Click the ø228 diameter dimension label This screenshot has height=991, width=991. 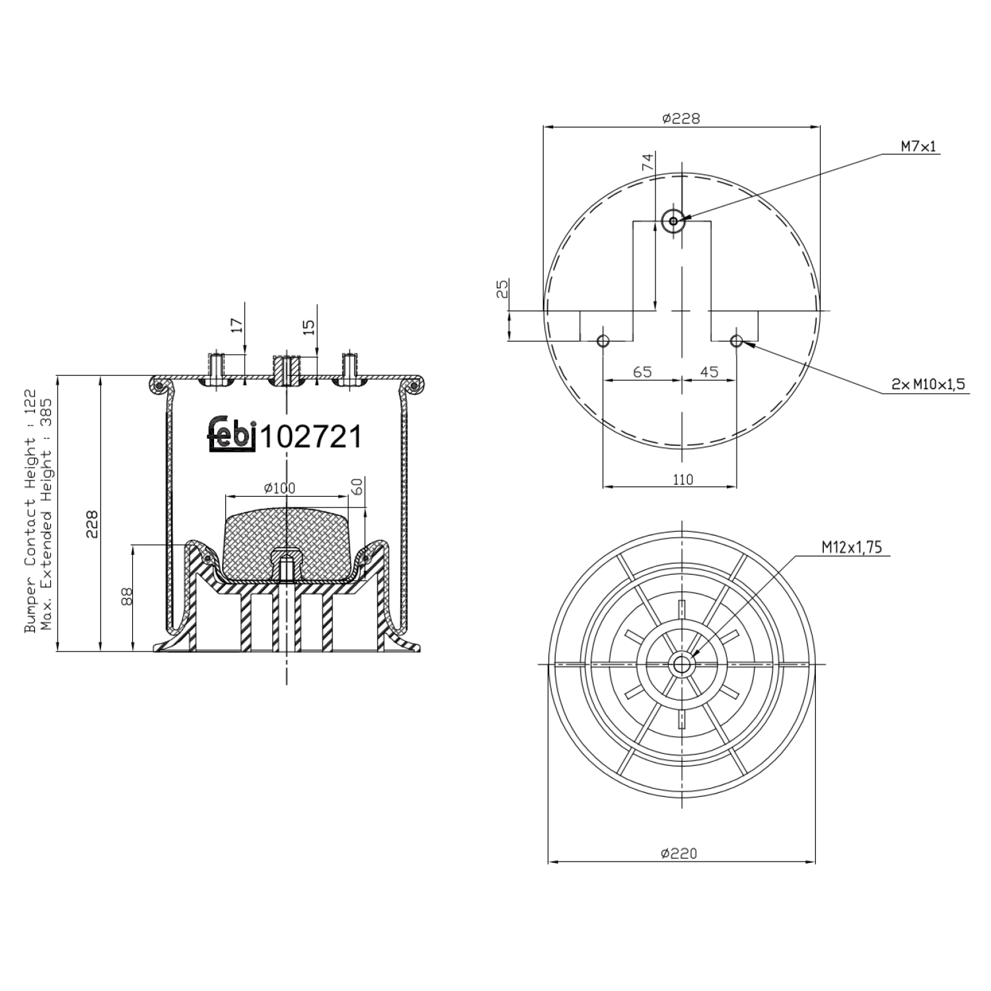[x=680, y=119]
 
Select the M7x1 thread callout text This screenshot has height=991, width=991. [x=919, y=147]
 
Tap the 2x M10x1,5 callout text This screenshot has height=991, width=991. [x=928, y=384]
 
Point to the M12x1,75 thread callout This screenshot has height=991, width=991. [x=852, y=547]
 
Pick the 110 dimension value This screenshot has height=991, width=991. [x=682, y=479]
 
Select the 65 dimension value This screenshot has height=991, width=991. [x=642, y=372]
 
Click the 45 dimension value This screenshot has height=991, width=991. [x=708, y=372]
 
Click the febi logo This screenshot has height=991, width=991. [x=232, y=435]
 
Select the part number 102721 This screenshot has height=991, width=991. [x=311, y=437]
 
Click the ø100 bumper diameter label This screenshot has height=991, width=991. [x=279, y=488]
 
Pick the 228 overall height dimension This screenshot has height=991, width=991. [x=92, y=523]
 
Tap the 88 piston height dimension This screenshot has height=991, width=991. [x=128, y=597]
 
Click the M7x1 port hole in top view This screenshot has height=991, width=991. [x=673, y=221]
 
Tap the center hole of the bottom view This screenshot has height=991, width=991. [x=680, y=665]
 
